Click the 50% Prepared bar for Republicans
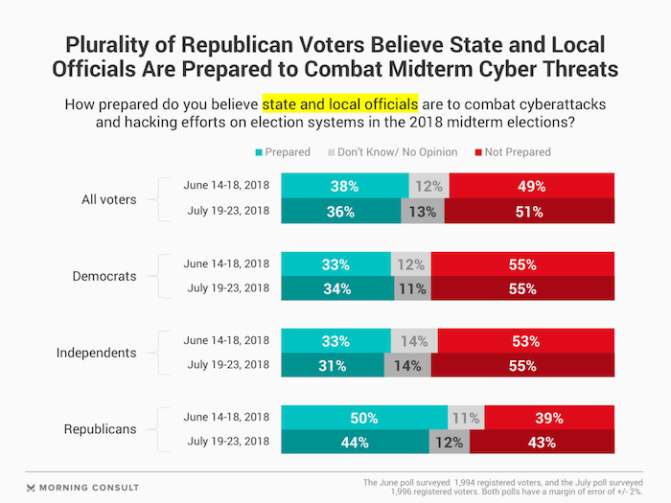tap(363, 418)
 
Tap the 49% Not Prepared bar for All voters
tap(531, 185)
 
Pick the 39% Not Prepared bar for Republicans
tap(549, 418)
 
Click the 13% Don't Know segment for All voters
tap(423, 211)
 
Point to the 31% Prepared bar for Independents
tap(333, 365)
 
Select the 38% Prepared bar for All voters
tap(344, 185)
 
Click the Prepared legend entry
tap(284, 151)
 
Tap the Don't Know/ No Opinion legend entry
tap(387, 151)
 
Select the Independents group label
tap(96, 353)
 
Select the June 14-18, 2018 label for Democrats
tap(226, 263)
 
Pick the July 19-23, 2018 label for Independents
tap(226, 365)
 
